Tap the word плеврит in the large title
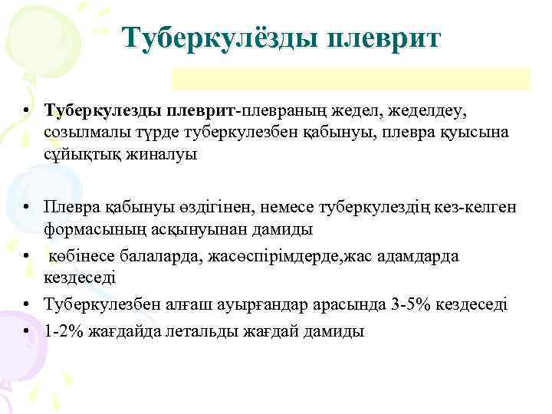coord(383,37)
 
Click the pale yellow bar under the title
coord(350,78)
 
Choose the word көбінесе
coord(80,255)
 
